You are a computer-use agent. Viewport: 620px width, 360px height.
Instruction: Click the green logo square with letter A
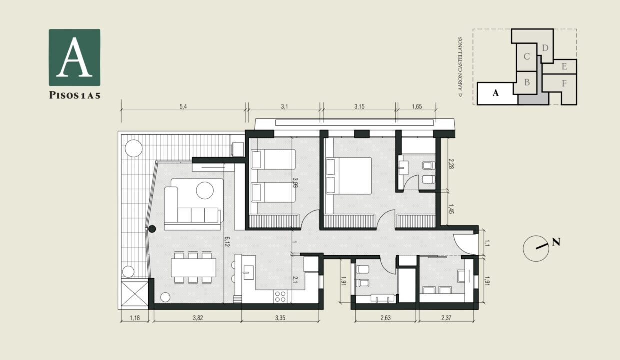74,57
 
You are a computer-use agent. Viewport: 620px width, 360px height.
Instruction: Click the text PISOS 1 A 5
74,95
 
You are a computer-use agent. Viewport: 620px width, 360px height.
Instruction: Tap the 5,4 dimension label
183,107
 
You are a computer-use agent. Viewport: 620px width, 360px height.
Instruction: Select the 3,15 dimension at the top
359,107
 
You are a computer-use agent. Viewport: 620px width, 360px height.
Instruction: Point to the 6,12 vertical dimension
227,241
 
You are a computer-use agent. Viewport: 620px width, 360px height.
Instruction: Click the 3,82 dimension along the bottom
198,318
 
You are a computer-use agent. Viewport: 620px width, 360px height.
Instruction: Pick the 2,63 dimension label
385,318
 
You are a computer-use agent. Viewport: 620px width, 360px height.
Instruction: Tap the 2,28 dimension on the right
451,164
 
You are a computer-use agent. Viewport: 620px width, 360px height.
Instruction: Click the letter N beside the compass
556,242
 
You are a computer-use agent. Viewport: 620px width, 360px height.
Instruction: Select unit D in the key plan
545,48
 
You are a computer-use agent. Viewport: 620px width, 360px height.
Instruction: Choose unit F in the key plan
564,83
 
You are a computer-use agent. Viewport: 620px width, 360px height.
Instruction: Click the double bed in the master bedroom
349,176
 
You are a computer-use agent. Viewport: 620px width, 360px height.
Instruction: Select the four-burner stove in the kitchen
280,297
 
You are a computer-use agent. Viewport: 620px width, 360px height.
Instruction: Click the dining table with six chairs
193,267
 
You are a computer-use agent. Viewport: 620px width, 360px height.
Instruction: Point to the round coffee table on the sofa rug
205,190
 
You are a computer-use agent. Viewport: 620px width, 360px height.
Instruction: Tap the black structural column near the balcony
152,229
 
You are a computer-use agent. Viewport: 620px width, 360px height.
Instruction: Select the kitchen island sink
248,273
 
